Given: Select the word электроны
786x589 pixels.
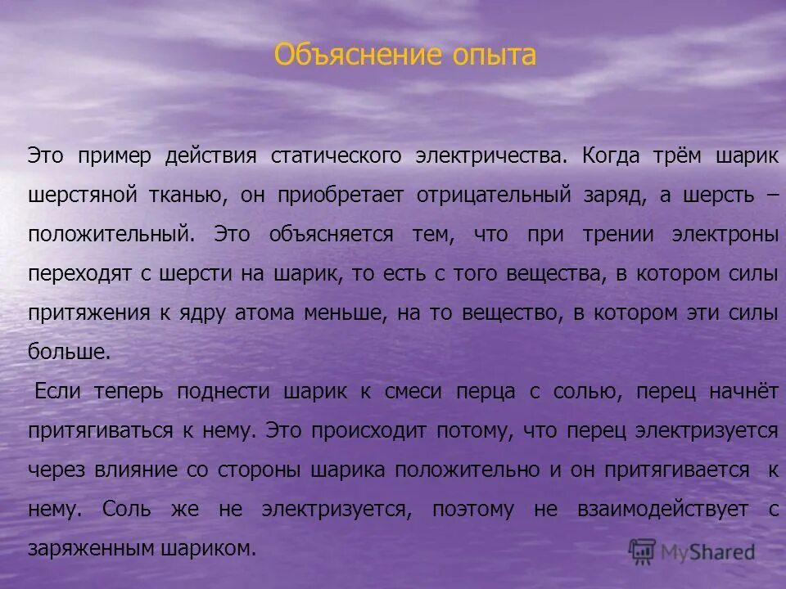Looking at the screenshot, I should click(x=725, y=235).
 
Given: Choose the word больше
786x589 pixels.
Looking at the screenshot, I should click(x=68, y=353).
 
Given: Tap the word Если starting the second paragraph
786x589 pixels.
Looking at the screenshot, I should click(x=57, y=392).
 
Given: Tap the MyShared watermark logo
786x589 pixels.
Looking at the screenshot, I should click(x=692, y=551).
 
